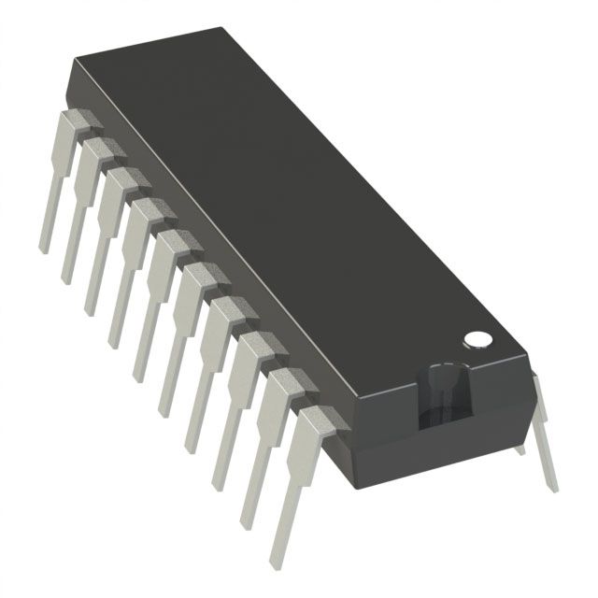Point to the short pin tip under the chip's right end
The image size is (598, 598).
click(x=521, y=451)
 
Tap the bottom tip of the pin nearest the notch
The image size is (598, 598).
click(x=277, y=563)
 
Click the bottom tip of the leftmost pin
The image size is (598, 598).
click(x=43, y=250)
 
